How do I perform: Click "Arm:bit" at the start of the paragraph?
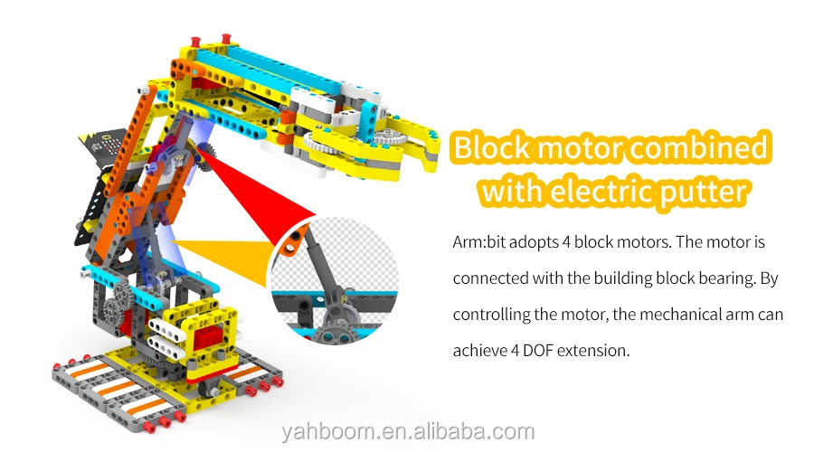[480, 243]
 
